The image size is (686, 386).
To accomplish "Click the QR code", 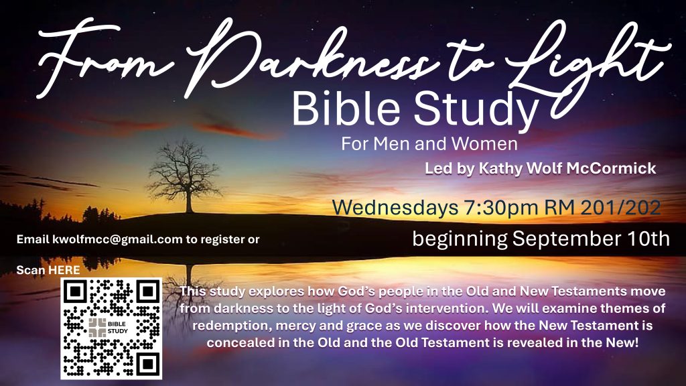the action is [x=111, y=328].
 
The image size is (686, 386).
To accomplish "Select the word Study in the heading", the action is [x=476, y=111].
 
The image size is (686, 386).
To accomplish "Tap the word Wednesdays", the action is [x=395, y=207].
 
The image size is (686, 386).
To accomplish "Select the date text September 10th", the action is [x=591, y=239].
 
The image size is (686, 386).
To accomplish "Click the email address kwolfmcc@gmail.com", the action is [x=117, y=239].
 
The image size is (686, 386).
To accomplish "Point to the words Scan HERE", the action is [x=48, y=269].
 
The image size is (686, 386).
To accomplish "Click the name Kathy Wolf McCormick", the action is [x=567, y=168].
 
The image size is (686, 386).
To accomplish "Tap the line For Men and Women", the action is [x=429, y=143].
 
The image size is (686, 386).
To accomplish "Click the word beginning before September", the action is [x=460, y=240].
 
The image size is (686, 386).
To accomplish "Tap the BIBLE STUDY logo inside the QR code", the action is [x=109, y=327].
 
